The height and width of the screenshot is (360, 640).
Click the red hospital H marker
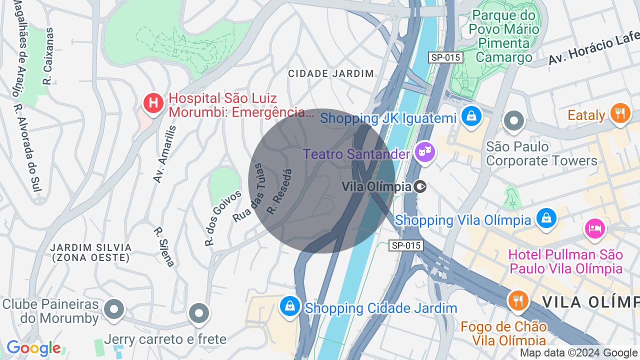tap(153, 103)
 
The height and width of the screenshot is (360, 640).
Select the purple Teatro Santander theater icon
tap(425, 151)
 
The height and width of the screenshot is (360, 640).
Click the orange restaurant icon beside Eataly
tap(620, 113)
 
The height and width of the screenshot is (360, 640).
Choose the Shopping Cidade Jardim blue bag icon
tap(290, 306)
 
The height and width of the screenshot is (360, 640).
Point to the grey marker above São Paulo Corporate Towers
tap(514, 120)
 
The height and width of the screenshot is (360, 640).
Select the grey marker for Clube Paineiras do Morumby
tap(114, 309)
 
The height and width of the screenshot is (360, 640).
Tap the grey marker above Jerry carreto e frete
tap(198, 313)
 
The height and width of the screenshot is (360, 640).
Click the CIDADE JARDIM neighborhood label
tap(331, 73)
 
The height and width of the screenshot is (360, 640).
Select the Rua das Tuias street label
tap(255, 193)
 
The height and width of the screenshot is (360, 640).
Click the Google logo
tap(33, 348)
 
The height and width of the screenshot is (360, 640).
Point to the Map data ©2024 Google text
tap(579, 353)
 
